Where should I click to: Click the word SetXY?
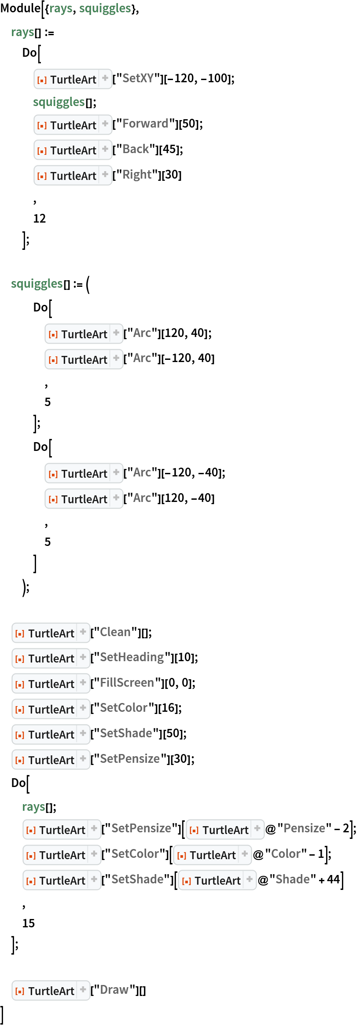[138, 78]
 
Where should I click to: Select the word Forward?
[145, 124]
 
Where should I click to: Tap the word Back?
[136, 149]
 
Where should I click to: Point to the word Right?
[137, 175]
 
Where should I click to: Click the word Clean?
[115, 632]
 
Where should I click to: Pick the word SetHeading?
[132, 657]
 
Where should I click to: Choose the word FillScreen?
[127, 683]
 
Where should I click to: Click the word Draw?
[114, 990]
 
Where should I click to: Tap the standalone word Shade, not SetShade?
[292, 879]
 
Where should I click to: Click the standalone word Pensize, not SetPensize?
[304, 828]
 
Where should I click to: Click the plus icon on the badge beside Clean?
[83, 632]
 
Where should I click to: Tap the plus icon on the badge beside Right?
[105, 175]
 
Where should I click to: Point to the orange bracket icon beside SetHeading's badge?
[20, 659]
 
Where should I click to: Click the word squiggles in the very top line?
[105, 8]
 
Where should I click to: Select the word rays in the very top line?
[61, 8]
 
